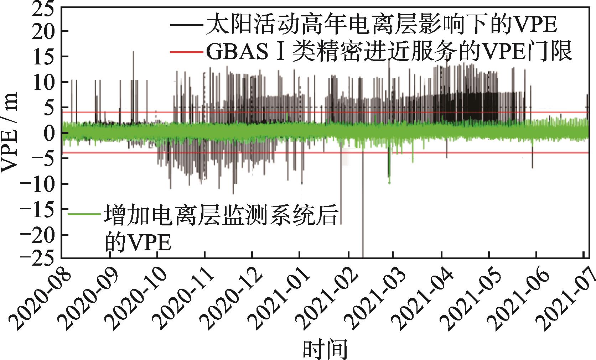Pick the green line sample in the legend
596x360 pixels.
pyautogui.click(x=84, y=214)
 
